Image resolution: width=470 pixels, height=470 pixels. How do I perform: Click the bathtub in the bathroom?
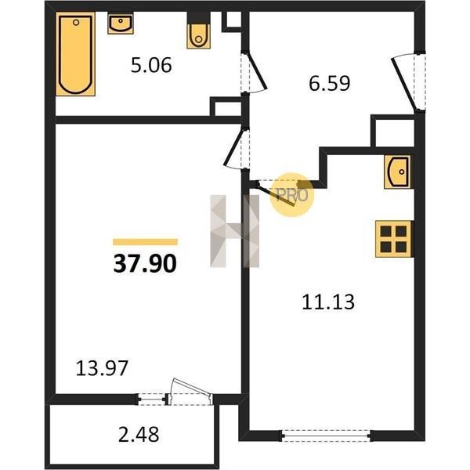[75, 54]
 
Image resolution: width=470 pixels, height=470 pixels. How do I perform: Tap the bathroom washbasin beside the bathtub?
[121, 23]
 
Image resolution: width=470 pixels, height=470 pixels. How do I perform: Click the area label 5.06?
[151, 65]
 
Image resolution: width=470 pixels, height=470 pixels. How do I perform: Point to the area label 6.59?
[330, 83]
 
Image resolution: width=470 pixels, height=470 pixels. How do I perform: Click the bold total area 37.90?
[145, 263]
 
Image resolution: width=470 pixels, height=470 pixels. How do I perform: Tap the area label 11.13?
[328, 302]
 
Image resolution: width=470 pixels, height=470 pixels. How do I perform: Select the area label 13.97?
[102, 368]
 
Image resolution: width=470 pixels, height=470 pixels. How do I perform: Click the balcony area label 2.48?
[139, 434]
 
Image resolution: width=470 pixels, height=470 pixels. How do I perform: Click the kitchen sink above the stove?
[397, 172]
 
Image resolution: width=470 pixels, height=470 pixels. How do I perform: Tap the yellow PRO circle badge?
[291, 195]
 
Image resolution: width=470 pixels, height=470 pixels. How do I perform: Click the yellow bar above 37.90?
[145, 242]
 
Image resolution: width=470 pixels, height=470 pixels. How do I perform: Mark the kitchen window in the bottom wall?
[326, 436]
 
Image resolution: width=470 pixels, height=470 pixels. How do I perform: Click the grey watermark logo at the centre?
[234, 231]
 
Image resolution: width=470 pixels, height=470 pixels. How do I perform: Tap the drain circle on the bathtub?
[76, 23]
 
